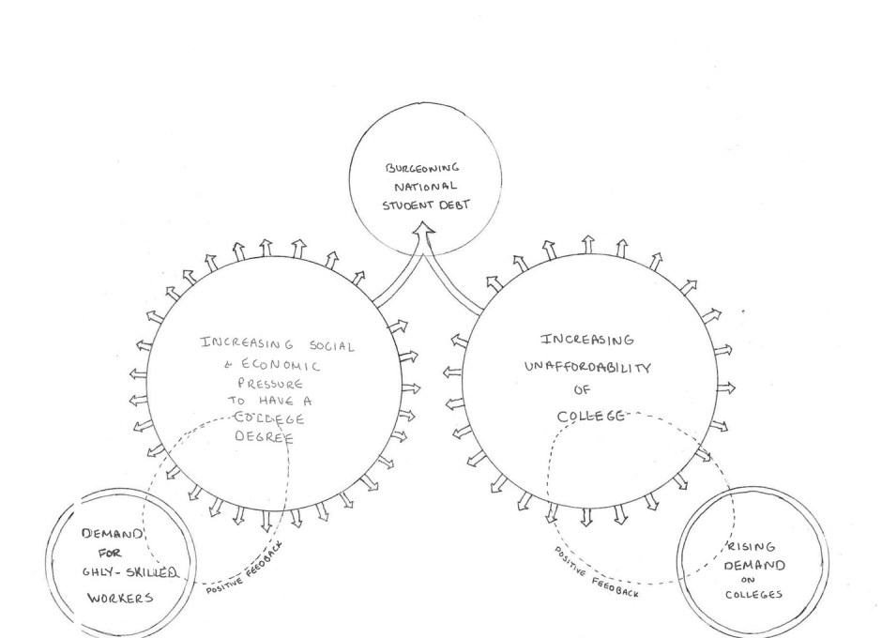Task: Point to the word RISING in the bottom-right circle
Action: point(745,549)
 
